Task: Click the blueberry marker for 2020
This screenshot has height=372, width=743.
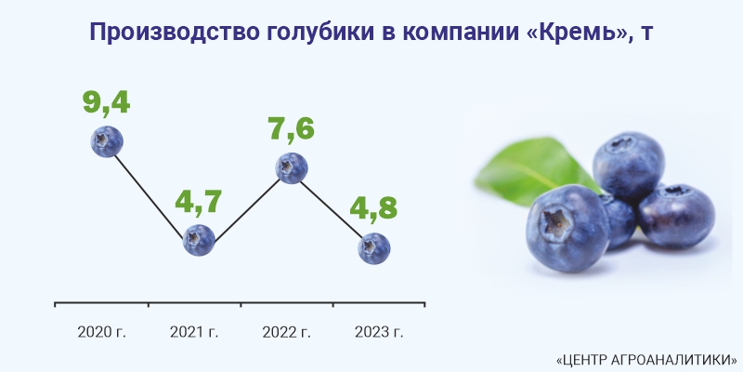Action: coord(107,141)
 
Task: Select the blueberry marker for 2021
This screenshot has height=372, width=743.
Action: coord(199,240)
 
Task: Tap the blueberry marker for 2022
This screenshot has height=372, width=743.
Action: coord(292,168)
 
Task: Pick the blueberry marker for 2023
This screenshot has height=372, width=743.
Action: coord(374,248)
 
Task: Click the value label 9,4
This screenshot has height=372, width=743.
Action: coord(107,101)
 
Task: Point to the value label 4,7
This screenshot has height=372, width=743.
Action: coord(199,201)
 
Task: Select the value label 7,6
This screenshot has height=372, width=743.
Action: coord(291,128)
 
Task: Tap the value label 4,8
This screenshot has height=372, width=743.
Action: coord(374,207)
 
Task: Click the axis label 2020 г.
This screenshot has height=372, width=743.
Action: coord(102,332)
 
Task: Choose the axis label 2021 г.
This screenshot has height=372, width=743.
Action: coord(194,332)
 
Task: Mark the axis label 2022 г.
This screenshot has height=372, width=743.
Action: coord(287,332)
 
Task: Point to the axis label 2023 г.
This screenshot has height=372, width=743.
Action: coord(379,332)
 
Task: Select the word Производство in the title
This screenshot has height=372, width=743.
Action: coord(174,33)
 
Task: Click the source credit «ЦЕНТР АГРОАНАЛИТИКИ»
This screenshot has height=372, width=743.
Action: coord(646,359)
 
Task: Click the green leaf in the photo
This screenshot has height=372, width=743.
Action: coord(533,171)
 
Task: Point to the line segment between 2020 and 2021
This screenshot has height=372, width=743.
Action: coord(149,196)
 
